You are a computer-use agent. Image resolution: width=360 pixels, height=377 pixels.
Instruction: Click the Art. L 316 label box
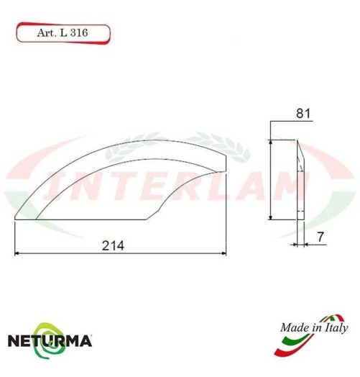pos(62,32)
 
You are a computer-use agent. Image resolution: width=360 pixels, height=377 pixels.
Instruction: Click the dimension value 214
pos(113,245)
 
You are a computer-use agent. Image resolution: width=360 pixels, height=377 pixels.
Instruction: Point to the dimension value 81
pos(302,113)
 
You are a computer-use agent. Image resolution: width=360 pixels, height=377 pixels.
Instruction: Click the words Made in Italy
pos(310,328)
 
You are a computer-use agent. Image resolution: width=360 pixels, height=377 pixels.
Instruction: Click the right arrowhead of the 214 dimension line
pos(223,253)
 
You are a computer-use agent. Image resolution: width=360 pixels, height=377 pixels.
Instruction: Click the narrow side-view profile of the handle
pos(300,180)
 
